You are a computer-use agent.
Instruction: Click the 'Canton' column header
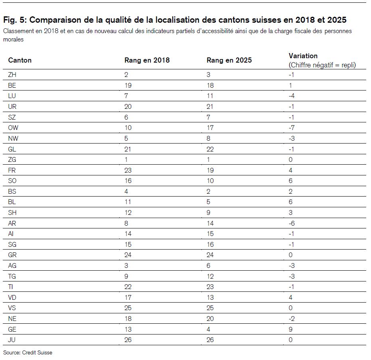pyautogui.click(x=20, y=60)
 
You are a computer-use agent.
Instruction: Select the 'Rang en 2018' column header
pyautogui.click(x=147, y=60)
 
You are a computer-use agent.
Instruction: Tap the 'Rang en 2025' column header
pyautogui.click(x=229, y=60)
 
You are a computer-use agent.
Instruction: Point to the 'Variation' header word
pyautogui.click(x=303, y=56)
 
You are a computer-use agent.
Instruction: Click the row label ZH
pyautogui.click(x=12, y=75)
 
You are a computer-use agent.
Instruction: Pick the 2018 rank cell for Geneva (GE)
pyautogui.click(x=128, y=329)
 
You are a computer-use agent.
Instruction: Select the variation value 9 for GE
pyautogui.click(x=290, y=329)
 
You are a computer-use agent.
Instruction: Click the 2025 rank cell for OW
pyautogui.click(x=210, y=128)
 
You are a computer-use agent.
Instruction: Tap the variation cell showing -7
pyautogui.click(x=292, y=128)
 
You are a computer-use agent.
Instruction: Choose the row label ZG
pyautogui.click(x=12, y=159)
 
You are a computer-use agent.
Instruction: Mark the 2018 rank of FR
pyautogui.click(x=128, y=170)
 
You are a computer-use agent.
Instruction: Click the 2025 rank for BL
pyautogui.click(x=208, y=202)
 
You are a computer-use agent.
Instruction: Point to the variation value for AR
pyautogui.click(x=292, y=223)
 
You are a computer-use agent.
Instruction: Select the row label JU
pyautogui.click(x=12, y=340)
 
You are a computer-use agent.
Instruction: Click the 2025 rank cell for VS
pyautogui.click(x=210, y=308)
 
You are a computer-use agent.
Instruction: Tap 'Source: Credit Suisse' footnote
pyautogui.click(x=28, y=353)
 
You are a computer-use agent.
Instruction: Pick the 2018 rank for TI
pyautogui.click(x=128, y=287)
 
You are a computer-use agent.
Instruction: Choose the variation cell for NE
pyautogui.click(x=292, y=319)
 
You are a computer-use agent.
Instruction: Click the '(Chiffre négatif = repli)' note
pyautogui.click(x=322, y=65)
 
